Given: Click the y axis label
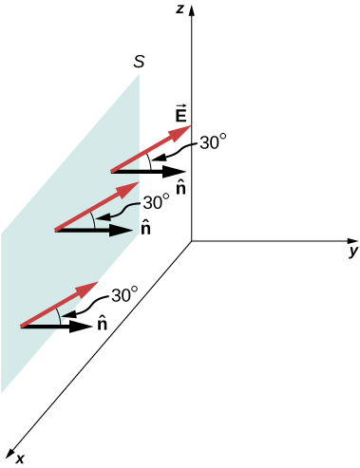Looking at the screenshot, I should coord(352,252).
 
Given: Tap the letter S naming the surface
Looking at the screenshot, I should coord(140,64).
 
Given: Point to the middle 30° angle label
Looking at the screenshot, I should coord(156,202).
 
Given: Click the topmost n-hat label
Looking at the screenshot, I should coord(180,188).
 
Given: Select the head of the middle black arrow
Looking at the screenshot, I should coord(131,230).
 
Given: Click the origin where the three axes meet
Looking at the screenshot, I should coord(192,241).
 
